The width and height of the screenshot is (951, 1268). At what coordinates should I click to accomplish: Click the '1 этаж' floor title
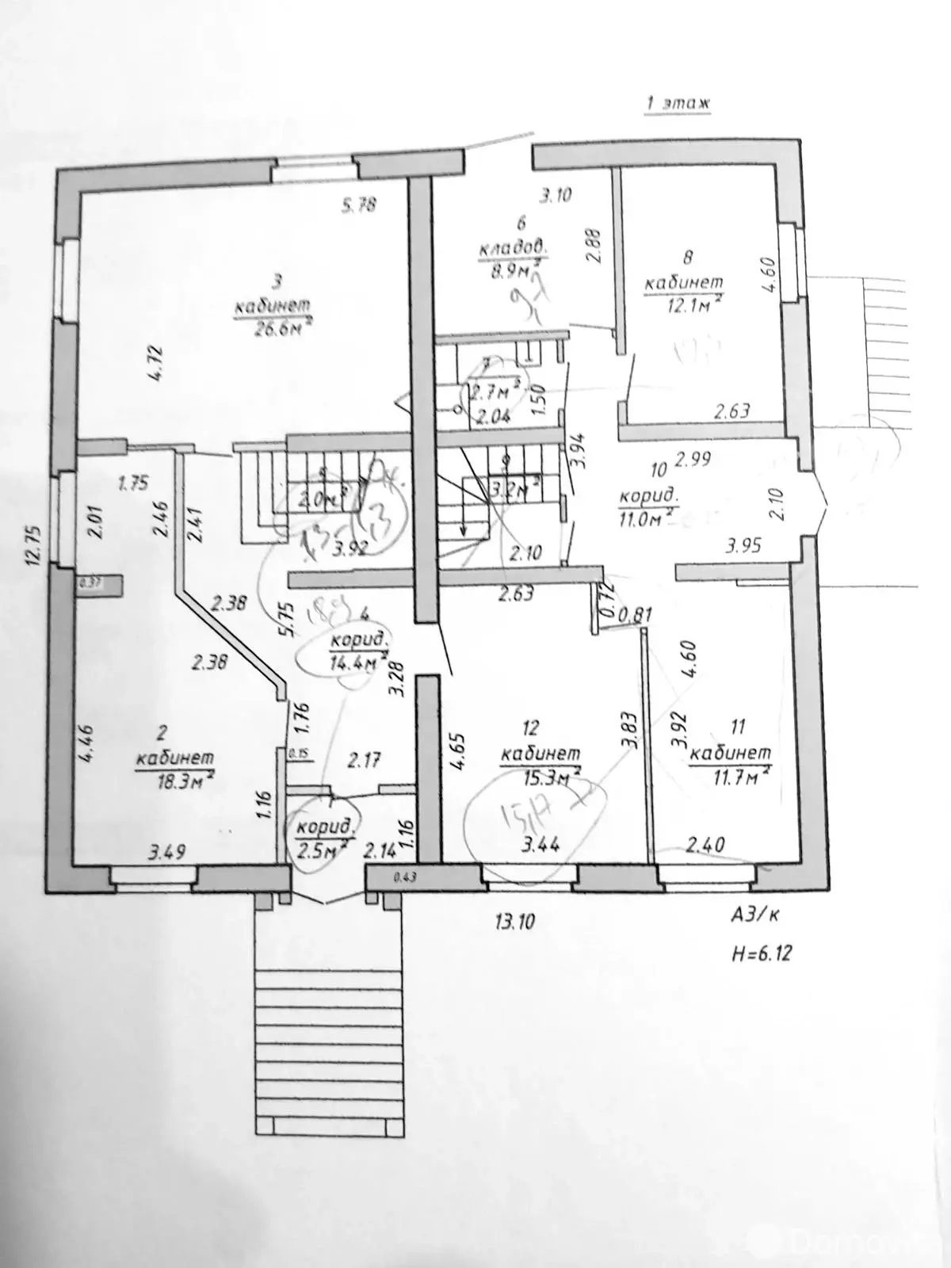coord(677,104)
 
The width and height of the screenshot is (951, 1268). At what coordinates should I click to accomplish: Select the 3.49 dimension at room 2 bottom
coord(167,852)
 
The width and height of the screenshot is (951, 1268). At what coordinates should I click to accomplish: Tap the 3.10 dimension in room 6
coord(556,195)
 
